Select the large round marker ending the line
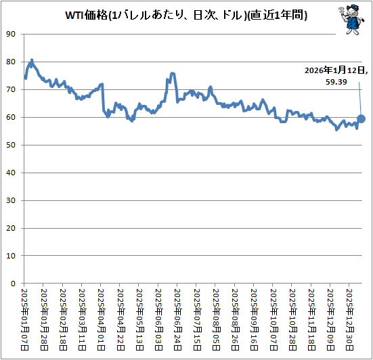[361, 119]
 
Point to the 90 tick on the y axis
[12, 34]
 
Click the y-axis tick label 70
[12, 89]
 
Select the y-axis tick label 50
[12, 145]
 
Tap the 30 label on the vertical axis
[12, 200]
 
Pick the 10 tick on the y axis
[12, 256]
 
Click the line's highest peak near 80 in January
[32, 60]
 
